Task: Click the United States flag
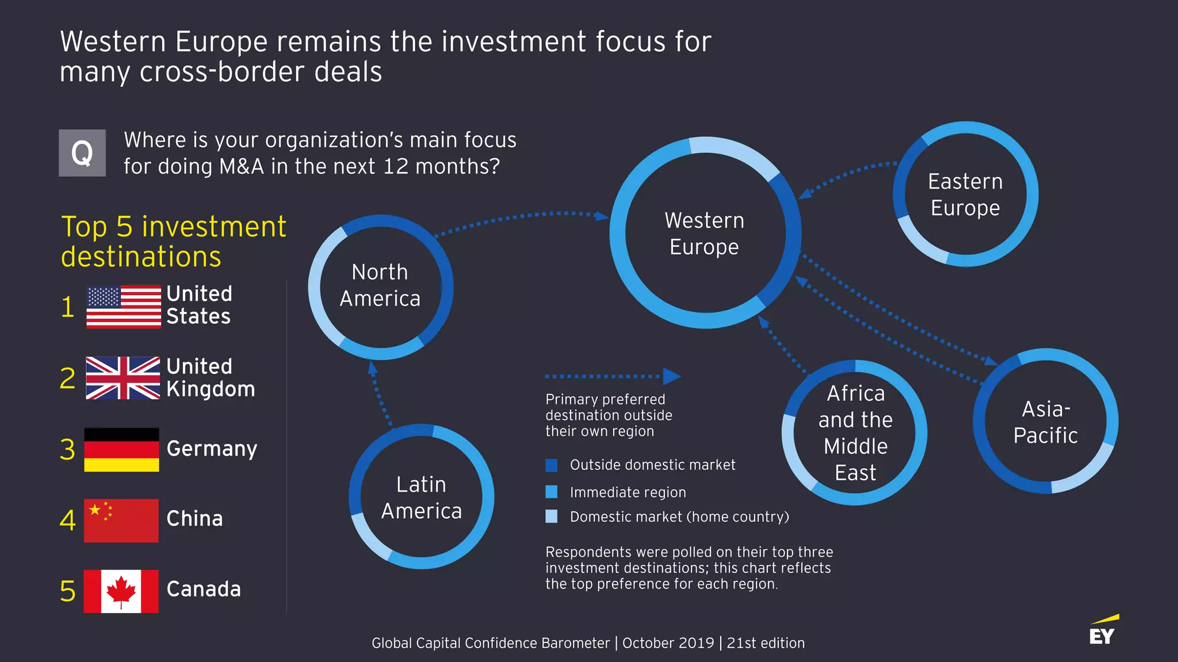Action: (124, 307)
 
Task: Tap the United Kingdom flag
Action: (123, 378)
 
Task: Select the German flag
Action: (121, 450)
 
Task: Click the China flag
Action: (121, 521)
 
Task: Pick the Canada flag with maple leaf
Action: (121, 591)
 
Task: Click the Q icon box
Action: (82, 153)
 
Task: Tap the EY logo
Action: (1103, 631)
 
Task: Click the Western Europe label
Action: (704, 234)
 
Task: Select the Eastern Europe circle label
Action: (965, 194)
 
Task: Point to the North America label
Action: (380, 285)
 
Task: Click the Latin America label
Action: (422, 498)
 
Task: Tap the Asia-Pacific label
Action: (1045, 422)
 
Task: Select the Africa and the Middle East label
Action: (855, 433)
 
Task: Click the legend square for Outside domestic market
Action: (551, 465)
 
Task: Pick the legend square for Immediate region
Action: (551, 492)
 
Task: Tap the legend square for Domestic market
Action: (551, 516)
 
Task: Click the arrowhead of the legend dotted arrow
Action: (671, 377)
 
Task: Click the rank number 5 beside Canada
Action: (68, 591)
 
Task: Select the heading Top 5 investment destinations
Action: (173, 242)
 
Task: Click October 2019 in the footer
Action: (668, 643)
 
